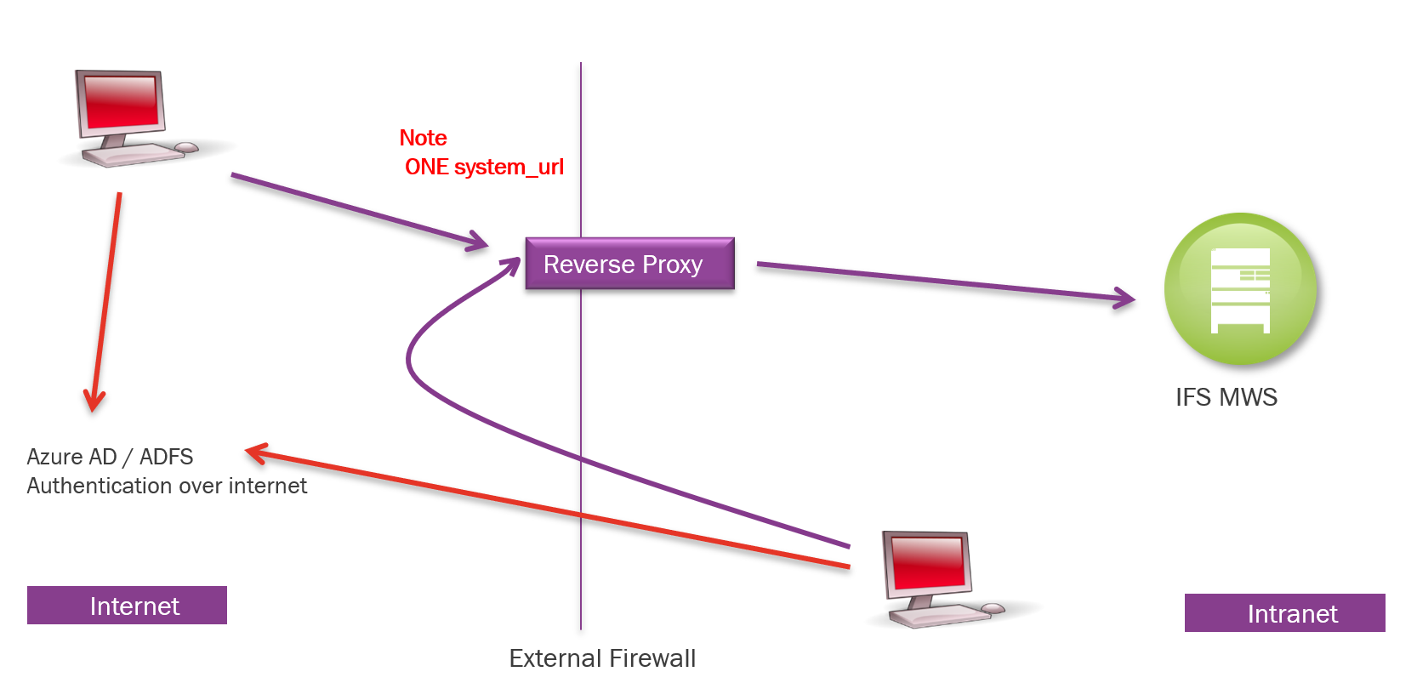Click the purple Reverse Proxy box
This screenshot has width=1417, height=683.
(x=629, y=264)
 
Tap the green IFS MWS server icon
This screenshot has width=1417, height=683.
(x=1240, y=289)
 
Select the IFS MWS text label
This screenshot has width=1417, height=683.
(x=1226, y=397)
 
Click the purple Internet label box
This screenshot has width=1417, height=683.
(x=127, y=606)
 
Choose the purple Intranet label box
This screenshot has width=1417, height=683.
(x=1284, y=613)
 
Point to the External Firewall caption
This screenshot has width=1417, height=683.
(x=602, y=658)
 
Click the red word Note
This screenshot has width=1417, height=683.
(x=423, y=138)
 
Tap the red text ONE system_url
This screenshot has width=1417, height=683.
(x=484, y=167)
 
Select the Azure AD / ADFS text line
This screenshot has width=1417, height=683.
(x=110, y=457)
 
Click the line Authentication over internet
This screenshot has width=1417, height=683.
(x=167, y=486)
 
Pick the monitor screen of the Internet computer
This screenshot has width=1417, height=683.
(x=121, y=101)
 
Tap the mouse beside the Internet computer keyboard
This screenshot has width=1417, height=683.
(x=186, y=148)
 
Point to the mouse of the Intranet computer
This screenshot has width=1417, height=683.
(x=993, y=608)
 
